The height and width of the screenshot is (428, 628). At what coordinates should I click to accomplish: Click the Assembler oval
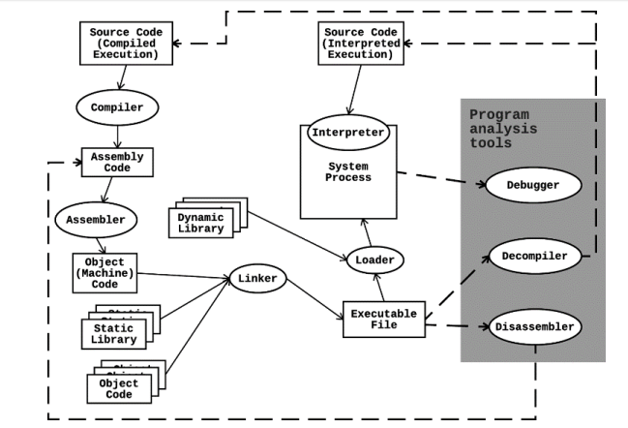[x=95, y=220]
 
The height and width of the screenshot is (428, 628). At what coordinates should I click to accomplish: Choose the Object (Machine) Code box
[x=104, y=274]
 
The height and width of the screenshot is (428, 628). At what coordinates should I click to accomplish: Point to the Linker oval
[x=258, y=280]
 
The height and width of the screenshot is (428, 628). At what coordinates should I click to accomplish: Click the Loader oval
[x=373, y=260]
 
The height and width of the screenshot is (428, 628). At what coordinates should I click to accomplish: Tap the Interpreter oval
[x=348, y=132]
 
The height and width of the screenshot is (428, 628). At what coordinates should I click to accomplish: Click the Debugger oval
[x=533, y=184]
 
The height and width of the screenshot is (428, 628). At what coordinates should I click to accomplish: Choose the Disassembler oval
[x=535, y=326]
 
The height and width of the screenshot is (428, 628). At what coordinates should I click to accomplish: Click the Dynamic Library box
[x=200, y=224]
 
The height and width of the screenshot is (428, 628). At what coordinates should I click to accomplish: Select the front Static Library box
[x=113, y=334]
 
